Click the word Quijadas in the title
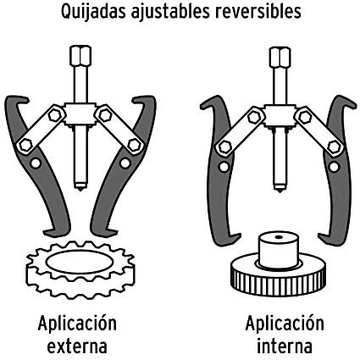(x=93, y=13)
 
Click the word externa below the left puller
(x=77, y=346)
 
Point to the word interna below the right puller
(x=285, y=346)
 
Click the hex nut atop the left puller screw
(x=80, y=55)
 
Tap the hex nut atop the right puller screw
(x=280, y=57)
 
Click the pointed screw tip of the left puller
(x=80, y=187)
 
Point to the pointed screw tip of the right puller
(x=280, y=189)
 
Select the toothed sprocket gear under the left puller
(x=80, y=269)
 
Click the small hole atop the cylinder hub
(x=279, y=237)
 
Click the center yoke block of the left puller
(x=80, y=114)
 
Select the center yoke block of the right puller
(x=280, y=116)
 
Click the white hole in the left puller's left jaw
(x=36, y=163)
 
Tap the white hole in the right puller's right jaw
(x=334, y=167)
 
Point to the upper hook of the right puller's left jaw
(x=212, y=103)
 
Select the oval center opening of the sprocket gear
(x=80, y=263)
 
